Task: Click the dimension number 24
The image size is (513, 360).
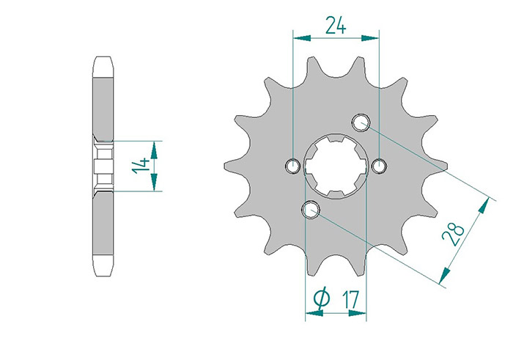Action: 336,26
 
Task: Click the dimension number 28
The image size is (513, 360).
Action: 453,235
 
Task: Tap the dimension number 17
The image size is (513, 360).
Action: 350,299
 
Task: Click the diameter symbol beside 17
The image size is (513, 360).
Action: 322,298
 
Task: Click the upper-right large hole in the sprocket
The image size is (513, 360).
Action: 361,122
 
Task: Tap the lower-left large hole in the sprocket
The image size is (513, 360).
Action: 311,210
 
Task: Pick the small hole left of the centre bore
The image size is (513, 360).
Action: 292,166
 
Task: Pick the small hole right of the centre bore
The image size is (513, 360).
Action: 379,166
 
